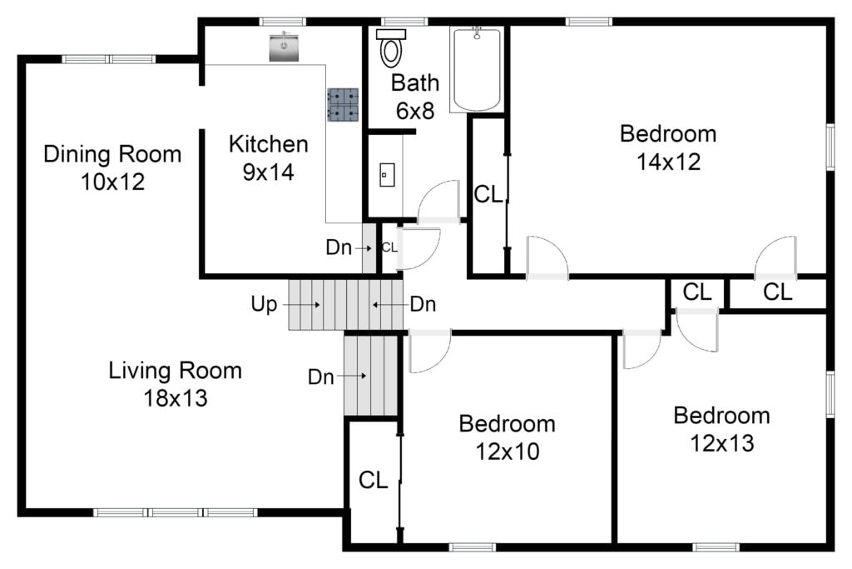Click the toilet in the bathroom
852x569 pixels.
pyautogui.click(x=391, y=47)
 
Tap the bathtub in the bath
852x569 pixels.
pyautogui.click(x=477, y=70)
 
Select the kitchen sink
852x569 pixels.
pyautogui.click(x=285, y=47)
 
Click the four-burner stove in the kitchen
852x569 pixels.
pyautogui.click(x=343, y=104)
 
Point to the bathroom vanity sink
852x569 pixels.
pyautogui.click(x=387, y=175)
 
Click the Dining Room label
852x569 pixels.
pyautogui.click(x=112, y=154)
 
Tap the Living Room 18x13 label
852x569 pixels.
pyautogui.click(x=176, y=384)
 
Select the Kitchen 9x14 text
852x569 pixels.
pyautogui.click(x=269, y=157)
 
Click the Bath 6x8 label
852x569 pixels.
pyautogui.click(x=415, y=97)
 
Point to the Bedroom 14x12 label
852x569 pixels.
pyautogui.click(x=668, y=147)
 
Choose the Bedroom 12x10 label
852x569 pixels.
pyautogui.click(x=507, y=437)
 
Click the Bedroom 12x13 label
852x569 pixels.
pyautogui.click(x=722, y=429)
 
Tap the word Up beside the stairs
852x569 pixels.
pyautogui.click(x=264, y=305)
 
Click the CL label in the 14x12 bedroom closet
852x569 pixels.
pyautogui.click(x=488, y=194)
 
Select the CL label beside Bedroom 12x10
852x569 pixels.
pyautogui.click(x=374, y=481)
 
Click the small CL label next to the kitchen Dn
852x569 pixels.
pyautogui.click(x=389, y=247)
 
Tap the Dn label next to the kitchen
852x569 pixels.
pyautogui.click(x=339, y=247)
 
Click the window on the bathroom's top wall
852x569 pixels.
pyautogui.click(x=404, y=22)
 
